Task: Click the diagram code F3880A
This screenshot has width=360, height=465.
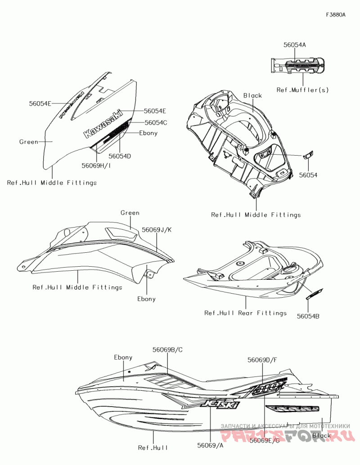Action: pos(336,15)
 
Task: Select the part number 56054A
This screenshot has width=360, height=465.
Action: pos(295,45)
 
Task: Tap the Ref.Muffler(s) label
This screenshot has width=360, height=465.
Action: pos(302,90)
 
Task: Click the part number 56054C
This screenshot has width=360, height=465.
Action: pos(156,122)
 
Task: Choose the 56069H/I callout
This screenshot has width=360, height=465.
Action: pos(96,165)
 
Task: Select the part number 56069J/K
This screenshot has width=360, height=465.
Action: pos(157,229)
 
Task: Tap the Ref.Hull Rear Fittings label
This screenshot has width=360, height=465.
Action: pos(245,313)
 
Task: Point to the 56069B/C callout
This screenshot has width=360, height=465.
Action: pos(167,349)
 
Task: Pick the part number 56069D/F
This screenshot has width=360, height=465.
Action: pos(262,360)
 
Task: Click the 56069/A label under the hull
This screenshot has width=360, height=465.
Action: pos(210,445)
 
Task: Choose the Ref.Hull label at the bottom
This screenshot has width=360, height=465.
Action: pos(153,447)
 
